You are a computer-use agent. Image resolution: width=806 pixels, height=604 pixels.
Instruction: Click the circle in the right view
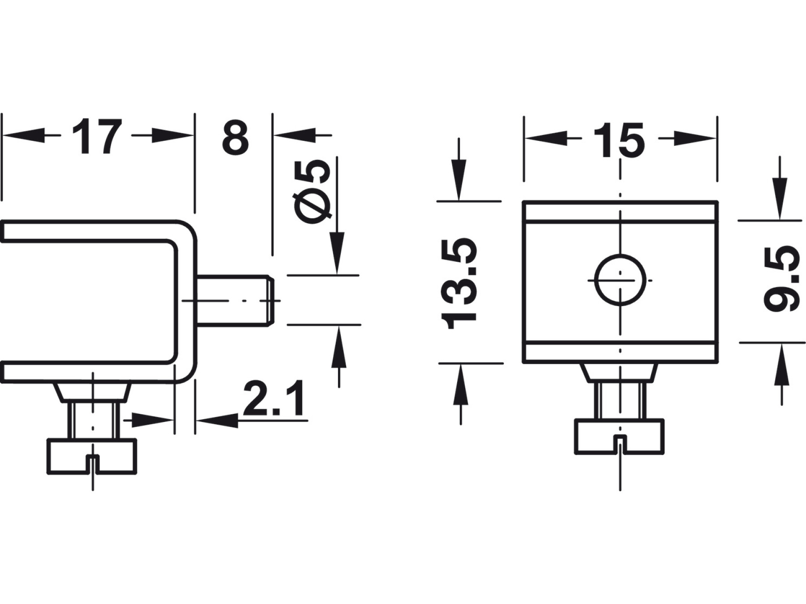[620, 280]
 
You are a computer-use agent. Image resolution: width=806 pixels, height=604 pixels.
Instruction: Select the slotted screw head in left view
[92, 456]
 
